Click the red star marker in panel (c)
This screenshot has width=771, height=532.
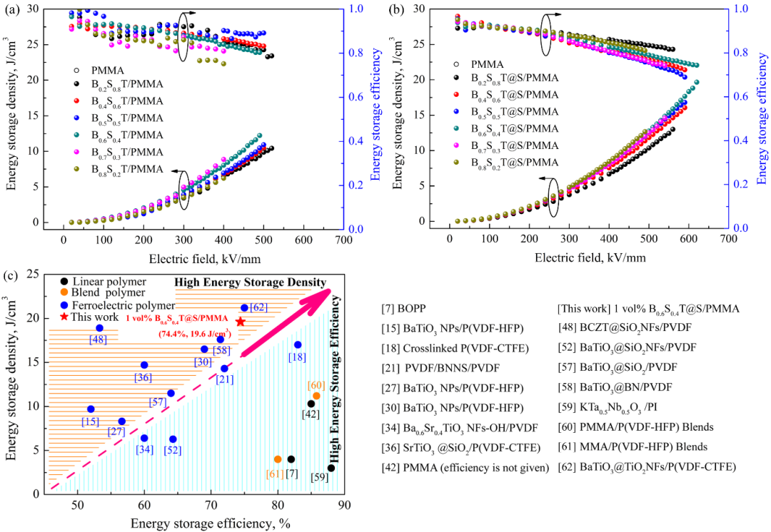click(x=241, y=322)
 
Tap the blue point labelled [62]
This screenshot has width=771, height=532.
click(x=244, y=308)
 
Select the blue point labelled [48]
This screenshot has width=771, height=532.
click(x=99, y=328)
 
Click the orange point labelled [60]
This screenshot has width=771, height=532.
click(x=316, y=396)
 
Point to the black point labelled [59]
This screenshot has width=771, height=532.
click(x=331, y=468)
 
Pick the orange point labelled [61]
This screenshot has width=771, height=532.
click(x=278, y=459)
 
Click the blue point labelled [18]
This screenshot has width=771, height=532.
click(x=298, y=345)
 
